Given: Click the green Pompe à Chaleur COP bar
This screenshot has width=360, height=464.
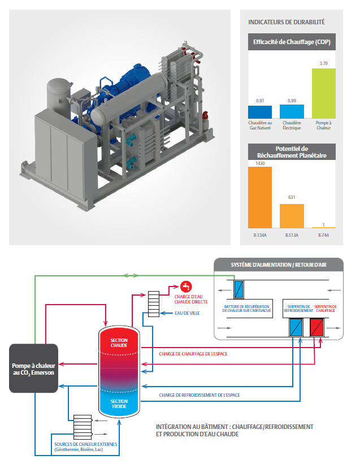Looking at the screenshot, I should click(323, 93).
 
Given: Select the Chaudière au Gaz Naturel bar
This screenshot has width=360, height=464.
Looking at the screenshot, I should click(260, 112).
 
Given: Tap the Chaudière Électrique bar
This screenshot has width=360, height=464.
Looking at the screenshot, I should click(292, 111).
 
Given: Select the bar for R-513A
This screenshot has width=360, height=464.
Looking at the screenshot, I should click(292, 215).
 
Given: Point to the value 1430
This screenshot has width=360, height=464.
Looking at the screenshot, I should click(260, 163).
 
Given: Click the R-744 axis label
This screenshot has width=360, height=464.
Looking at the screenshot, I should click(323, 235).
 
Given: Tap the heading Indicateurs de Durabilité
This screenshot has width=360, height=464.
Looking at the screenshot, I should click(287, 23).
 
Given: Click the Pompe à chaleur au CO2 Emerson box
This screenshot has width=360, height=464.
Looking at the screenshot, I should click(33, 368).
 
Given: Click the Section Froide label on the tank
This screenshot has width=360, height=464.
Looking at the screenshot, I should click(119, 404).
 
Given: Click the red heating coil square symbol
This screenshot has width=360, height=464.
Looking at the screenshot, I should click(317, 327).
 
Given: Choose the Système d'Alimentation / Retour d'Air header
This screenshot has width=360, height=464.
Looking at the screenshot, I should click(279, 265).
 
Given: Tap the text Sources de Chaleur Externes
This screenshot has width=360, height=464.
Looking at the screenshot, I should click(86, 444).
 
